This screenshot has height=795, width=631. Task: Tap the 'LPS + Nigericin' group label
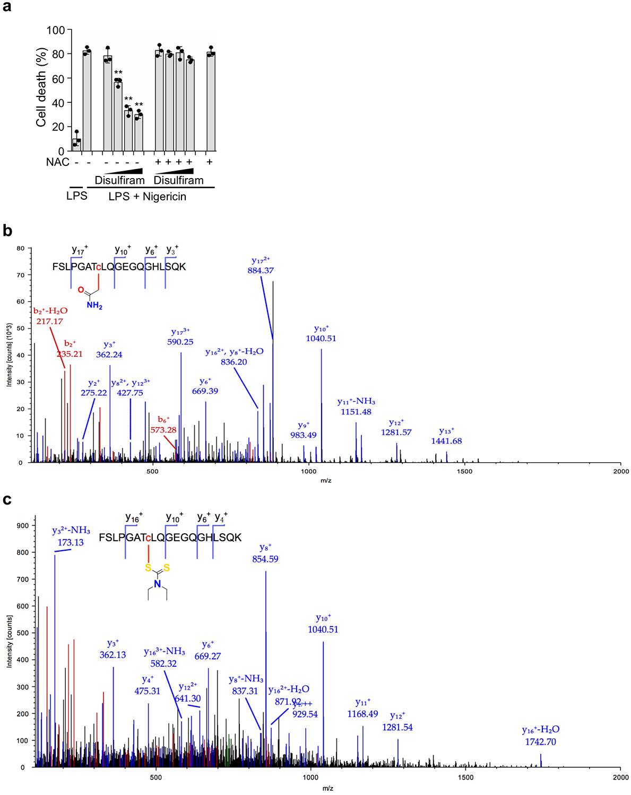150,197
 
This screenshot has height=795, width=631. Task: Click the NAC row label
58,162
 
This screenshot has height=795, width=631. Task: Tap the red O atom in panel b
81,290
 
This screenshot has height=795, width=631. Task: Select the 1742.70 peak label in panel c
539,742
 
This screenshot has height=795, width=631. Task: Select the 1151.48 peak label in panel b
354,411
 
